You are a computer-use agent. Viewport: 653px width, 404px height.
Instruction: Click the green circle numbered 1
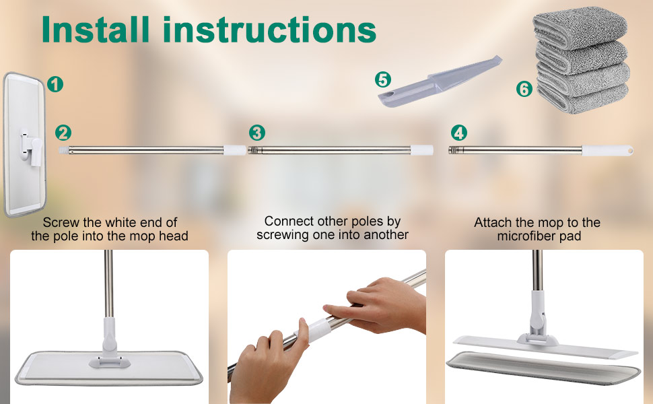pyautogui.click(x=55, y=84)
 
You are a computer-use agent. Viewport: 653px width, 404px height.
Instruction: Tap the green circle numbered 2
pyautogui.click(x=63, y=133)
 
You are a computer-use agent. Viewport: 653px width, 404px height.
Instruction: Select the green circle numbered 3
pyautogui.click(x=257, y=133)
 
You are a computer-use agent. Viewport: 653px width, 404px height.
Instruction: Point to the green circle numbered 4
pyautogui.click(x=459, y=133)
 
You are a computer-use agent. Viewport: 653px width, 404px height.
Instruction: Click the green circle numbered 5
pyautogui.click(x=383, y=79)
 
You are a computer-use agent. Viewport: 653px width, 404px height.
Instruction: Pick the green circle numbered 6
pyautogui.click(x=524, y=89)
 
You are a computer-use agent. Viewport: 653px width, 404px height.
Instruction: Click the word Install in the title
pyautogui.click(x=96, y=30)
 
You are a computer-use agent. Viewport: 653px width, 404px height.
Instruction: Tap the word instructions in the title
pyautogui.click(x=269, y=30)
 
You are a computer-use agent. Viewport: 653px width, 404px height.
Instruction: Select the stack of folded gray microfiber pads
pyautogui.click(x=582, y=60)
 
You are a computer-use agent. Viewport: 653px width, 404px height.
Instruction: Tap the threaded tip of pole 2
pyautogui.click(x=63, y=150)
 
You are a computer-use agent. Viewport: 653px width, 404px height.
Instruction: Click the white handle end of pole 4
pyautogui.click(x=607, y=150)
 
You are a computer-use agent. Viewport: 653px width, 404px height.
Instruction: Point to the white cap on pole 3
pyautogui.click(x=421, y=150)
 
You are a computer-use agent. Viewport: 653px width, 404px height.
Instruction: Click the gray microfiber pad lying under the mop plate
pyautogui.click(x=543, y=366)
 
